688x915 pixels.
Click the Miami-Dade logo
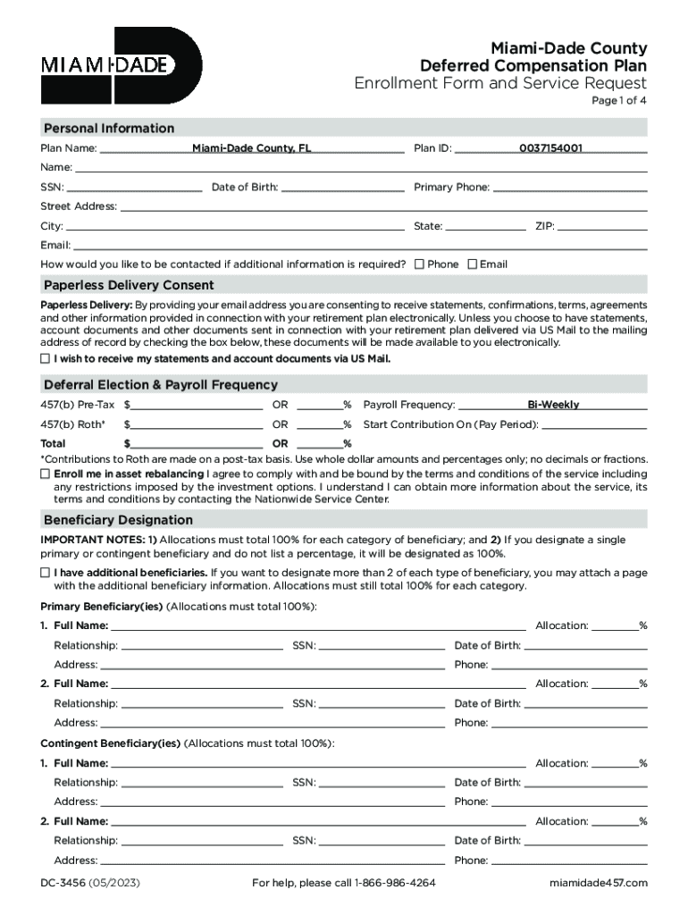122,65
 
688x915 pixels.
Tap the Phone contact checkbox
419,264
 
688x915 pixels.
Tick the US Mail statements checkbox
46,358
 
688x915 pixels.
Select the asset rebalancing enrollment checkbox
46,474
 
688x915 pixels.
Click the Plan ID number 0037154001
550,148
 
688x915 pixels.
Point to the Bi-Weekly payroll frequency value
553,405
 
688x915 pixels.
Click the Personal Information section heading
109,129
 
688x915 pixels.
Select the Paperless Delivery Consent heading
129,286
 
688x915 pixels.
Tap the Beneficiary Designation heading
118,520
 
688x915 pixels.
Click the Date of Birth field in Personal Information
342,188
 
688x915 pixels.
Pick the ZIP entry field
603,226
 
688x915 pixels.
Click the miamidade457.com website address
598,884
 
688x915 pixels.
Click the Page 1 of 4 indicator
619,101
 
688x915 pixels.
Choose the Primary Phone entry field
570,188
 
